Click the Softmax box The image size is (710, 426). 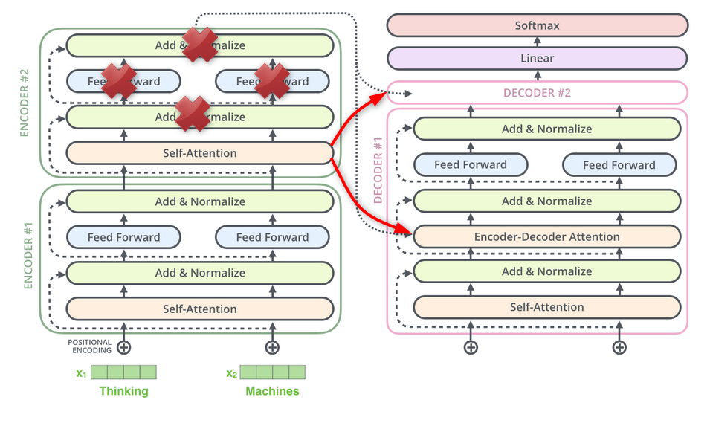coord(537,25)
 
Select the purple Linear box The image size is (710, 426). coord(537,58)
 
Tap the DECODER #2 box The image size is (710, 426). coord(537,93)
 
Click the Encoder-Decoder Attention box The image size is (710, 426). coord(546,236)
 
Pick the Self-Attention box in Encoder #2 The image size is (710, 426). coord(199,153)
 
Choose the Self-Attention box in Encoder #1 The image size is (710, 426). coord(199,309)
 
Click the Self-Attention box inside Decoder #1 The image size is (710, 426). coord(546,306)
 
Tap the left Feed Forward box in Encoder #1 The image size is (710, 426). coord(123,237)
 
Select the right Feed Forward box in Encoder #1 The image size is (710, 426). coord(272,237)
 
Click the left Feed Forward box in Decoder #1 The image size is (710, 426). coord(471,164)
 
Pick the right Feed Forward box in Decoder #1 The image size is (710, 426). coord(619,164)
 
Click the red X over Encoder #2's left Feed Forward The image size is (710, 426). coord(119,80)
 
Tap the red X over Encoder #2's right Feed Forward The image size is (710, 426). coord(271,80)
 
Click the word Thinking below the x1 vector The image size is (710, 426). coord(123,391)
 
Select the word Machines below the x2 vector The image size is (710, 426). coord(272,391)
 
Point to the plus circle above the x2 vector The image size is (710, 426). coord(272,347)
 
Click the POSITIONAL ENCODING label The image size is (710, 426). coord(91,347)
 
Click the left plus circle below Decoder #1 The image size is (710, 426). coord(471,347)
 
